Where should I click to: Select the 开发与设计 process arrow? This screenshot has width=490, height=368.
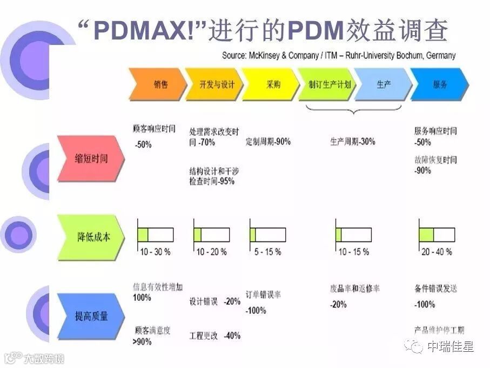212,84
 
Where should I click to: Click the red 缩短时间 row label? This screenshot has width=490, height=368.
91,159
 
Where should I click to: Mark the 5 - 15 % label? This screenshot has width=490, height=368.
268,252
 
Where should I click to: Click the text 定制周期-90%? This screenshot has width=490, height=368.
268,142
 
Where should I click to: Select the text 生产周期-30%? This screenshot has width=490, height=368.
353,142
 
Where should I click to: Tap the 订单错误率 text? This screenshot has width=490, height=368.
263,295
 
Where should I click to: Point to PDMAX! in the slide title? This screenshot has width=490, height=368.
143,31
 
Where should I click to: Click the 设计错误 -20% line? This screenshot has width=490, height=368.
214,301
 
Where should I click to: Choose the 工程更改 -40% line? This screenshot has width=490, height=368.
214,335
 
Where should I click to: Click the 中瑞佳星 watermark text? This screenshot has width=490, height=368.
450,346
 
